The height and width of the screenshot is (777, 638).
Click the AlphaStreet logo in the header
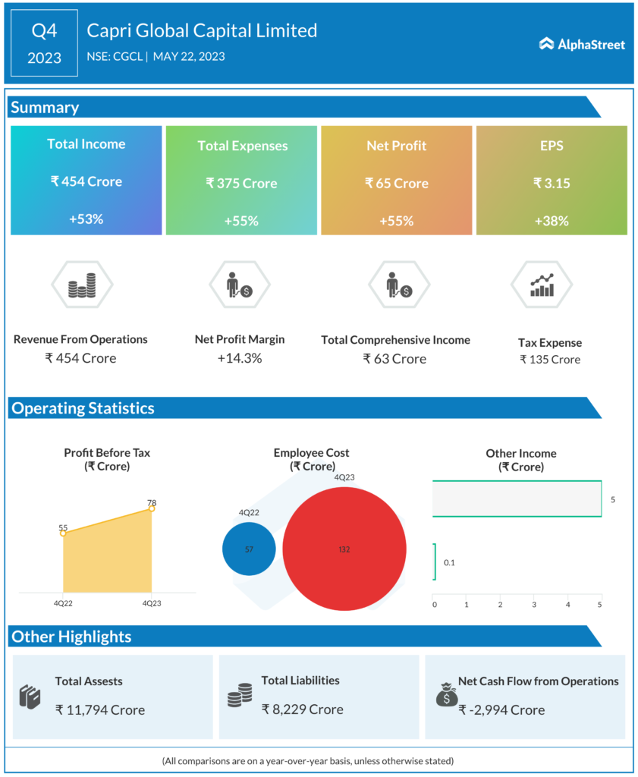point(582,44)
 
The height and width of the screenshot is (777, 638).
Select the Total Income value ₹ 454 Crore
point(86,181)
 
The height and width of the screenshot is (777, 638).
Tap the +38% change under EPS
point(552,221)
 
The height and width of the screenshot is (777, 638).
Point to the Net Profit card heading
point(397,145)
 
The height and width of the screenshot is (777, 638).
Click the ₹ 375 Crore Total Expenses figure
point(241,183)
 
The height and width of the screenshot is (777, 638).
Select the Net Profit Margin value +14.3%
point(240,358)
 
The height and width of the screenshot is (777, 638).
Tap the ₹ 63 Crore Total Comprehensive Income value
point(394,358)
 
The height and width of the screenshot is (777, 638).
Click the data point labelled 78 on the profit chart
point(152,508)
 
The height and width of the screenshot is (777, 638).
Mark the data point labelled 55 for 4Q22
point(63,533)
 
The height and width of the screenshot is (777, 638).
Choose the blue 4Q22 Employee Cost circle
point(249,549)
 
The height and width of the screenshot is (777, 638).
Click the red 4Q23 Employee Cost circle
point(344,549)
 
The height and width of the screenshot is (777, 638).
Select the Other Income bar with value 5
point(517,499)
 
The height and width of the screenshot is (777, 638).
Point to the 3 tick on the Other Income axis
point(534,604)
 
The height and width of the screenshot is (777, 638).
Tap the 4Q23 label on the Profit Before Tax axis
point(152,604)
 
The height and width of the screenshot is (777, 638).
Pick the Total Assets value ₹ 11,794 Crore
point(99,709)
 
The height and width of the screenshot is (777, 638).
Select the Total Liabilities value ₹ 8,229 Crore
point(302,709)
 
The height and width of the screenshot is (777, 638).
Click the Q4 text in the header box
point(44,31)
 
